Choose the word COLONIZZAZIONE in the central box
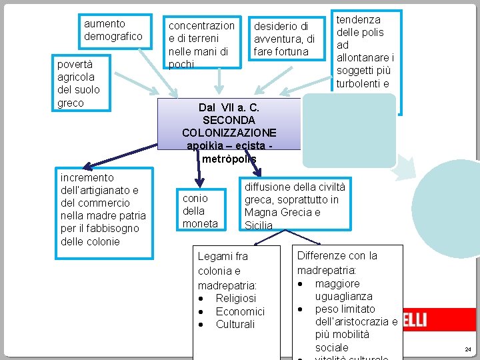pyautogui.click(x=229, y=133)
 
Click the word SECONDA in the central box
pyautogui.click(x=229, y=120)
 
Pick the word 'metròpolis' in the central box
pyautogui.click(x=229, y=159)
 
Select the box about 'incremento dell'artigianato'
pyautogui.click(x=103, y=209)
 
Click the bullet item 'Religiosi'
pyautogui.click(x=235, y=298)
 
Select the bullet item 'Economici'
pyautogui.click(x=240, y=311)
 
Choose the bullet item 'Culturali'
pyautogui.click(x=235, y=324)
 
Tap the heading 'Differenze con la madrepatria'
pyautogui.click(x=337, y=263)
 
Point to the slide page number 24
pyautogui.click(x=467, y=349)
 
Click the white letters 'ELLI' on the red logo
pyautogui.click(x=414, y=321)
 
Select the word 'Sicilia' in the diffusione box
pyautogui.click(x=259, y=225)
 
